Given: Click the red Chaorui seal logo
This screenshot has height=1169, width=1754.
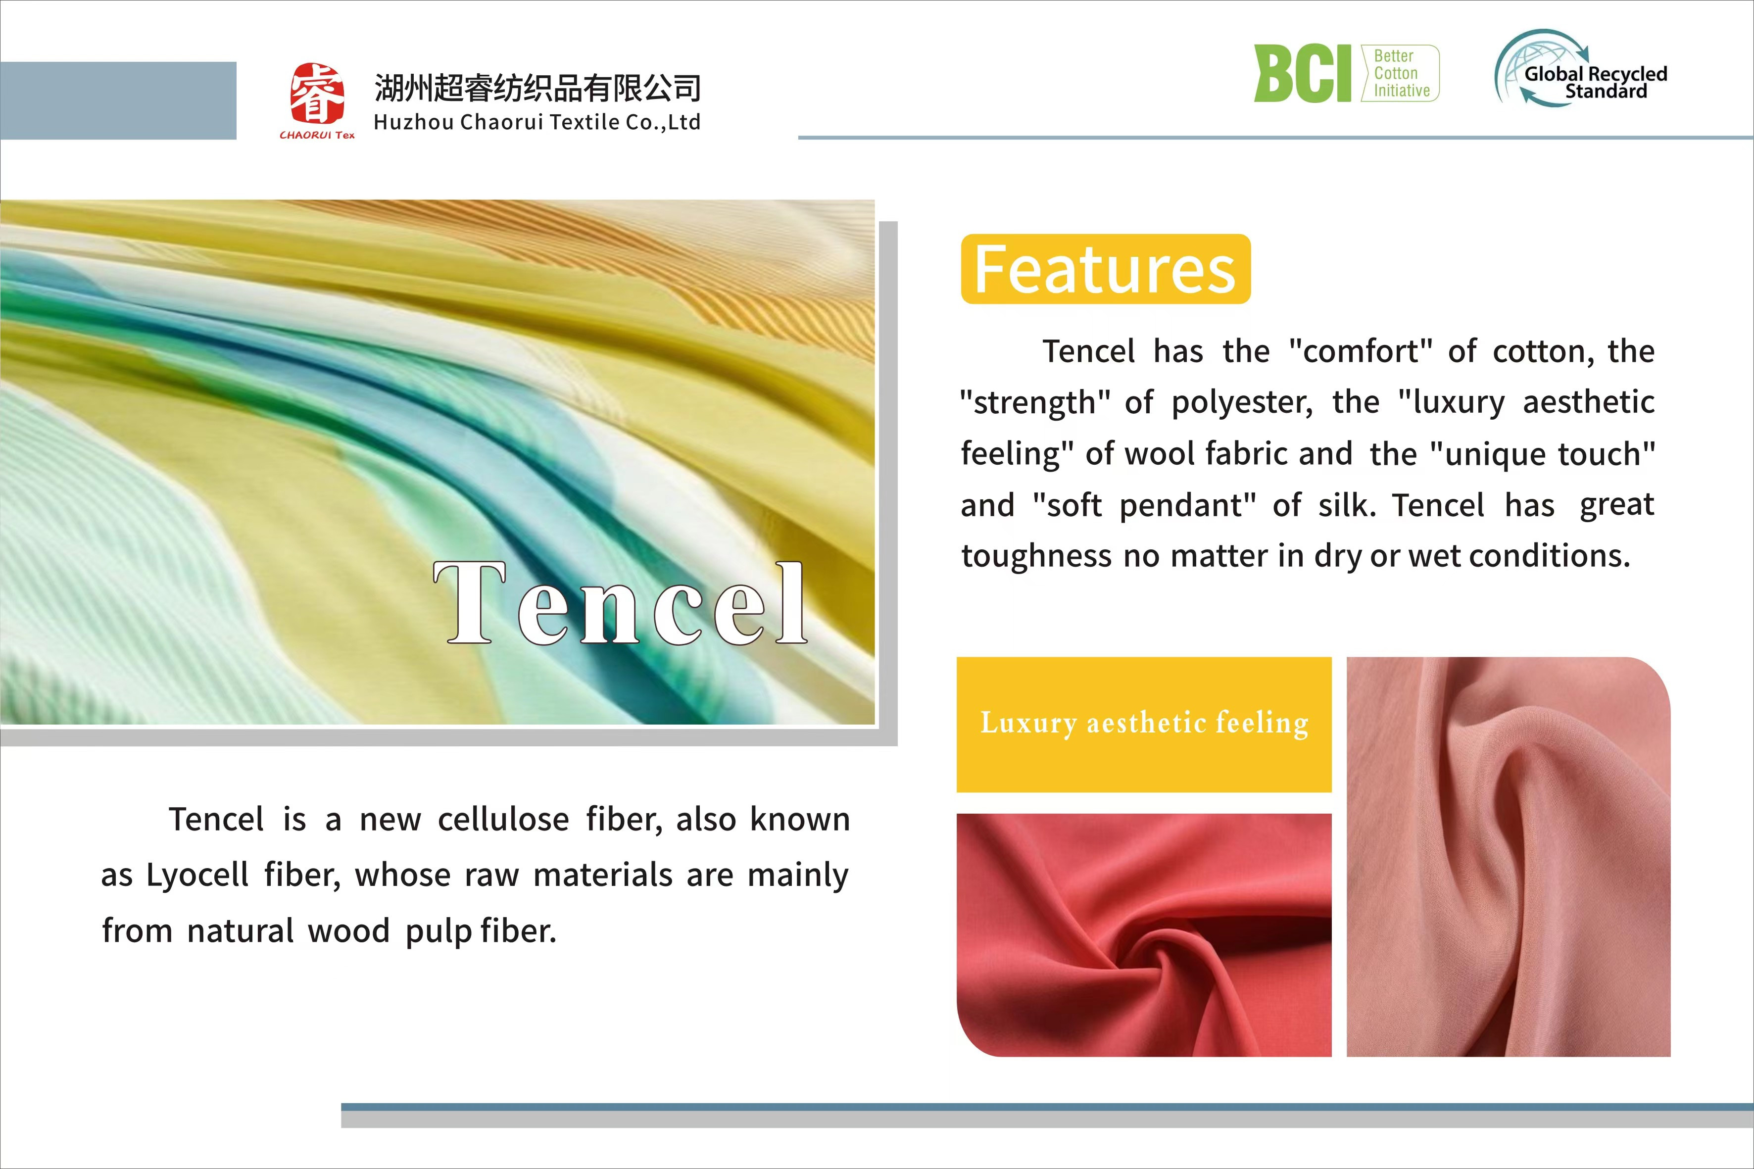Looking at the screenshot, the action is pos(318,95).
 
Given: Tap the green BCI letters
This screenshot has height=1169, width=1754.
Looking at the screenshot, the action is pos(1302,73).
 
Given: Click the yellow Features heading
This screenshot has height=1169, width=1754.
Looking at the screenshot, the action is pos(1106,269).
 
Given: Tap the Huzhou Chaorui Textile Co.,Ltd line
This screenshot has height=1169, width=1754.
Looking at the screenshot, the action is pos(536,122).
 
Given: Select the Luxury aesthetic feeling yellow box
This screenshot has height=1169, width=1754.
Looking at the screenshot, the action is pos(1143,724).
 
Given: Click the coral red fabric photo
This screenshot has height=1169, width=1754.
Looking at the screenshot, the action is pos(1143,935).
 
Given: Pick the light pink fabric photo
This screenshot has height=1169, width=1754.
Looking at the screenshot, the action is pos(1508,857).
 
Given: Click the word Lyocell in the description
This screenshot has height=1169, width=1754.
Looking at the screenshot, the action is pos(197,875).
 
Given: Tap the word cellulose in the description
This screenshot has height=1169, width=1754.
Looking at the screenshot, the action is pos(503,820).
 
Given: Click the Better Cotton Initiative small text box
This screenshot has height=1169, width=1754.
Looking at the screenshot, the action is pos(1401,73).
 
